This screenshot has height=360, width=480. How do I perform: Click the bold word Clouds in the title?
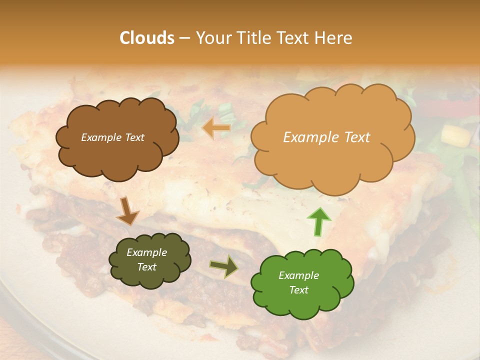147,38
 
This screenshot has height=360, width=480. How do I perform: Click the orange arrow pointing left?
216,128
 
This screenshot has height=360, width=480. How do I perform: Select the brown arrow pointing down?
127,211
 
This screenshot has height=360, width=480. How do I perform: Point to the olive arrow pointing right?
223,267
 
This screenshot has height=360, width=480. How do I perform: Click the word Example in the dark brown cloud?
102,137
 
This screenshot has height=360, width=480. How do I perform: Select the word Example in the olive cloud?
146,252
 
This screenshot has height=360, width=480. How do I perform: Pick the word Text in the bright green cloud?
298,290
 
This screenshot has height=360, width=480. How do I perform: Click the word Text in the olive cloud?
146,267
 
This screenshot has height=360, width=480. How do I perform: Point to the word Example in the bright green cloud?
298,275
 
